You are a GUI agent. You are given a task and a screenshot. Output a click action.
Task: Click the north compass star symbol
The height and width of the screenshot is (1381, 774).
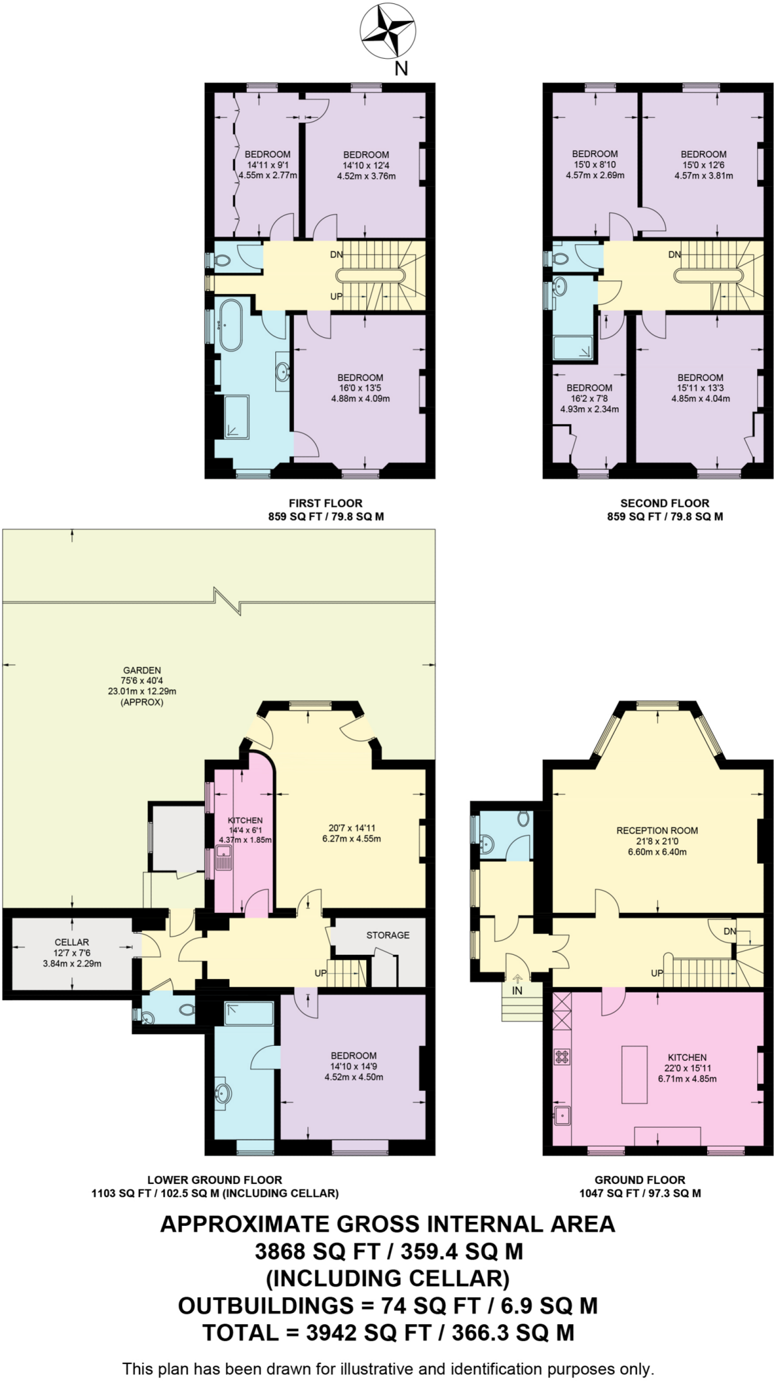387,31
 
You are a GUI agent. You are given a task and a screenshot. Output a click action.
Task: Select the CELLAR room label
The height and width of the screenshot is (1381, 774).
71,942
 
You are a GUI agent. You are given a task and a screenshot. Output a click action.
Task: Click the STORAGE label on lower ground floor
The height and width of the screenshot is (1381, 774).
388,935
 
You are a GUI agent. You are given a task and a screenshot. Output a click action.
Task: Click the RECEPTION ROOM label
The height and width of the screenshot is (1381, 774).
657,831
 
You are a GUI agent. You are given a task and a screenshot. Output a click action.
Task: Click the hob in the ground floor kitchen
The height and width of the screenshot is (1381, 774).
562,1056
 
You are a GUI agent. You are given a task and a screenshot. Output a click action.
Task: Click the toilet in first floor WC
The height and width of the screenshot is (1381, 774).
220,260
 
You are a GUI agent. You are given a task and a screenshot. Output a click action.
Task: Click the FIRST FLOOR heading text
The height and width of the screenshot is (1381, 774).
326,503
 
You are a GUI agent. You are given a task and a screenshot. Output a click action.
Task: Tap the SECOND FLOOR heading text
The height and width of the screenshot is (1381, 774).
664,503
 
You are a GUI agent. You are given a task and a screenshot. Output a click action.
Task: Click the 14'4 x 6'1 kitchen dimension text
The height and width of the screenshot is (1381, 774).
245,831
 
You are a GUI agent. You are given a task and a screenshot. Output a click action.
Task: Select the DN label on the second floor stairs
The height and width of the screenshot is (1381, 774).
674,254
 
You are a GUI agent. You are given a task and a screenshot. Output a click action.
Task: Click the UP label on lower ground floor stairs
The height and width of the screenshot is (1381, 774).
321,974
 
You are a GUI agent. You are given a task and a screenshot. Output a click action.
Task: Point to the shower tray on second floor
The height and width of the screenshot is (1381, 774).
574,349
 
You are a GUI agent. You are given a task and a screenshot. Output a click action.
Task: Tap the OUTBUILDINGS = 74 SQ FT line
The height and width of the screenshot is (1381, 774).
387,1305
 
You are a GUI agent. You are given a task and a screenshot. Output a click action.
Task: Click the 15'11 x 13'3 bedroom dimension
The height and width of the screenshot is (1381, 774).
700,388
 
